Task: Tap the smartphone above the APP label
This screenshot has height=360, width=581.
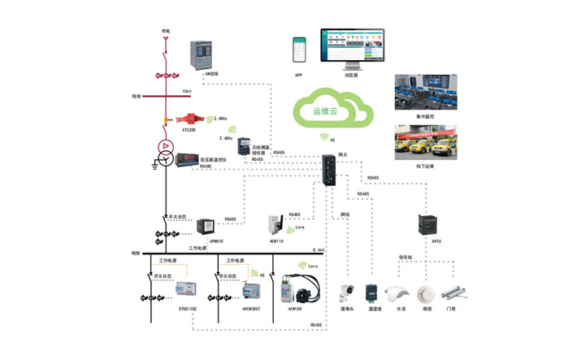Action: (x=299, y=50)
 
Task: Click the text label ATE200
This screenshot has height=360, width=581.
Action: (x=189, y=129)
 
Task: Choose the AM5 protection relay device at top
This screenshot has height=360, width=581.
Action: (x=201, y=56)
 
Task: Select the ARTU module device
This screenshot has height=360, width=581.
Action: (x=427, y=224)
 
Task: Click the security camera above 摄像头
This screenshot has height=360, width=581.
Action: (x=348, y=293)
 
